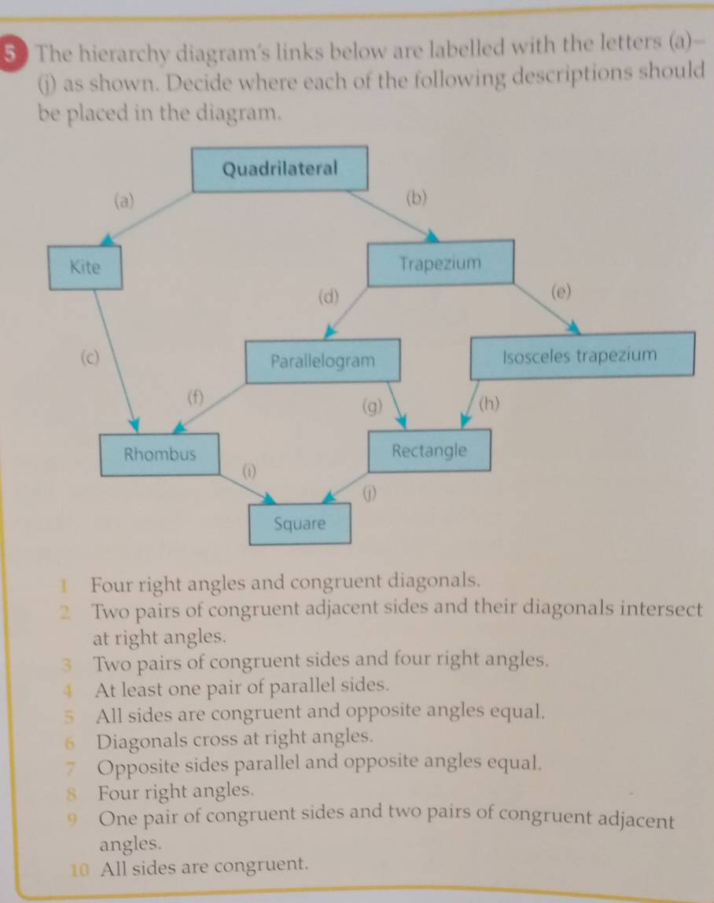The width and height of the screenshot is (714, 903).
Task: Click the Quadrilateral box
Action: pos(280,168)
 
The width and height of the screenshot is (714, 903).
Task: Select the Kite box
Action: pos(85,267)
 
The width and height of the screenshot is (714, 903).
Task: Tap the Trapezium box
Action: pos(440,262)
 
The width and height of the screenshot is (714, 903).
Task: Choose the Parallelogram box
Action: pos(322,362)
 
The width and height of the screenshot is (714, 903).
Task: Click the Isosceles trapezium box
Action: pos(580,355)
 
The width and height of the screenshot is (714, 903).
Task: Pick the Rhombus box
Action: pos(160,454)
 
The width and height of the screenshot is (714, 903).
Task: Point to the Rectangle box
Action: pos(429,451)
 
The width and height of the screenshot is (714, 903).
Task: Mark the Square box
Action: pos(299,524)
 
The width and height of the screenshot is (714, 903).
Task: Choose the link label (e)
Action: pos(559,292)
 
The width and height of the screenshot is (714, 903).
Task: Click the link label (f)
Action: pos(194,396)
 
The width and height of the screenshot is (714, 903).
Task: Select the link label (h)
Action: pos(488,406)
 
